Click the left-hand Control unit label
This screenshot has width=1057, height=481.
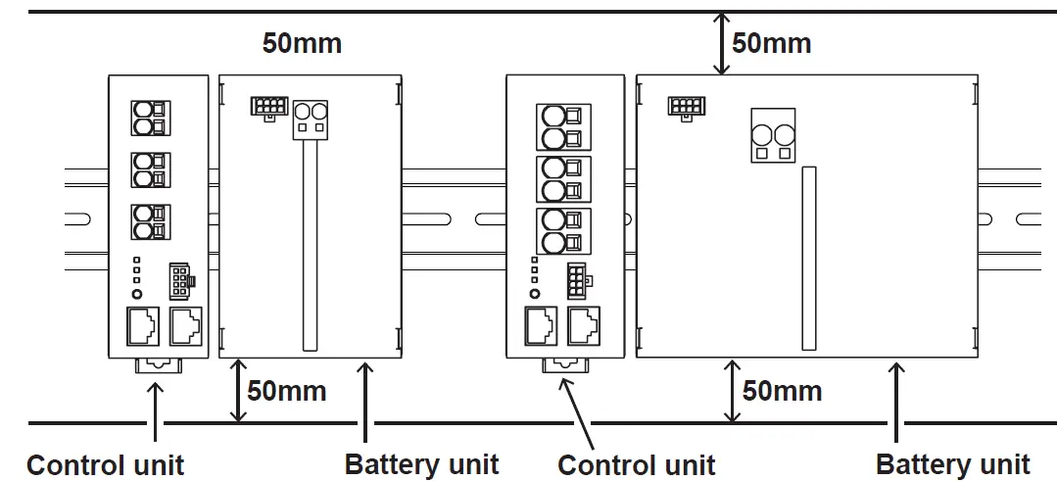[x=105, y=464]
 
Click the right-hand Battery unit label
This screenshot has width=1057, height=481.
[x=952, y=463]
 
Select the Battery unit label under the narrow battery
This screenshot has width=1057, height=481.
[x=421, y=463]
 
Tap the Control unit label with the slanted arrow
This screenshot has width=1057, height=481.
[x=636, y=464]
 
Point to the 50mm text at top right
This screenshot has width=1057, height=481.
[x=772, y=43]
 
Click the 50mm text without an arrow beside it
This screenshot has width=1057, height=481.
[x=302, y=43]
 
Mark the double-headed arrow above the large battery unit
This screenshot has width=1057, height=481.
[x=722, y=43]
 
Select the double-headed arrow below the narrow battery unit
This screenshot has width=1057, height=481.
[x=237, y=391]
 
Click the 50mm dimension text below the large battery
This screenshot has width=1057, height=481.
[x=782, y=391]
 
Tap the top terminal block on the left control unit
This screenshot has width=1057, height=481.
[x=146, y=119]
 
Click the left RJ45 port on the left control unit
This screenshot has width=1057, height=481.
[x=142, y=325]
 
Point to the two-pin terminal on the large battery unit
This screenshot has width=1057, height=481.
[x=772, y=135]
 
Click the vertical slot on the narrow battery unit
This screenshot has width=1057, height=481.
[x=310, y=245]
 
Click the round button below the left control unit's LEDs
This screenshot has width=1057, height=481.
[x=137, y=294]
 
